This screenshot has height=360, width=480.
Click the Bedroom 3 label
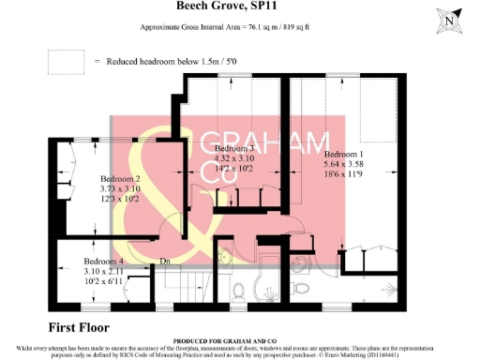tap(234, 149)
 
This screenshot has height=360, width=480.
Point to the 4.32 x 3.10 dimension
tap(234, 159)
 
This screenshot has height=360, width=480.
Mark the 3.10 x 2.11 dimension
tap(103, 271)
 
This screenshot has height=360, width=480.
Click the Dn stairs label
tap(164, 262)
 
